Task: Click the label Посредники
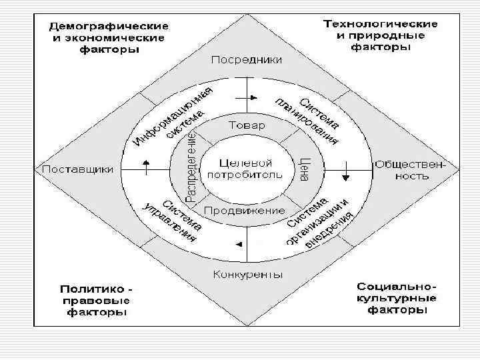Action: [246, 60]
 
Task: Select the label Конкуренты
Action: [247, 274]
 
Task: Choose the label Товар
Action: [247, 125]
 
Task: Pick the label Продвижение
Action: [245, 211]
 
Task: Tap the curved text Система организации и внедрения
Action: [319, 222]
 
